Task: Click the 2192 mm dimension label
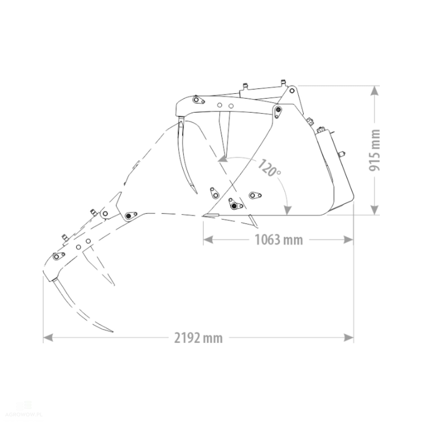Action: pos(198,338)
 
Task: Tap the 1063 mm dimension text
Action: pos(279,240)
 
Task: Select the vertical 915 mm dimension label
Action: pos(374,150)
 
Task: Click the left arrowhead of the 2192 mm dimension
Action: pos(48,338)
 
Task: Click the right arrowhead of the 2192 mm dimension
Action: pos(349,338)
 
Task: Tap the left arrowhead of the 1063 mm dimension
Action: pos(208,240)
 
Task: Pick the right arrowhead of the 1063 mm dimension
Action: pos(348,240)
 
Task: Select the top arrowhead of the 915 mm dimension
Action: pos(374,91)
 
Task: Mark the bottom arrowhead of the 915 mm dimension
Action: pos(374,210)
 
